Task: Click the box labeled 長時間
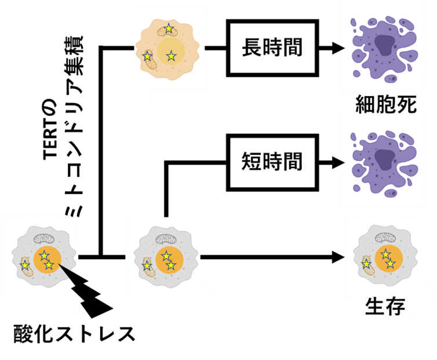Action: (272, 48)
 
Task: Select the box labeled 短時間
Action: (272, 162)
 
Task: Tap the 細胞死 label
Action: (386, 104)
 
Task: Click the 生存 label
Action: (385, 306)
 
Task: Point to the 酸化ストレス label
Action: (74, 333)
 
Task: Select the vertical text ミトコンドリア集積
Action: (74, 126)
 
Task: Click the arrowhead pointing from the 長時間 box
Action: (338, 48)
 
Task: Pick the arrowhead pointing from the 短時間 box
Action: (338, 162)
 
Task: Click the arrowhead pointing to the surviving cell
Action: (338, 257)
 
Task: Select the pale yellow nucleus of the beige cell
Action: (171, 52)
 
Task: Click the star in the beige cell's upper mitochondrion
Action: (169, 28)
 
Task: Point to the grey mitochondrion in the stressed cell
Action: (43, 239)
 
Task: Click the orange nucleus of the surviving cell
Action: (388, 259)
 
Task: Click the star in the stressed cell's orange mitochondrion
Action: (24, 265)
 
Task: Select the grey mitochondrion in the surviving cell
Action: (385, 238)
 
